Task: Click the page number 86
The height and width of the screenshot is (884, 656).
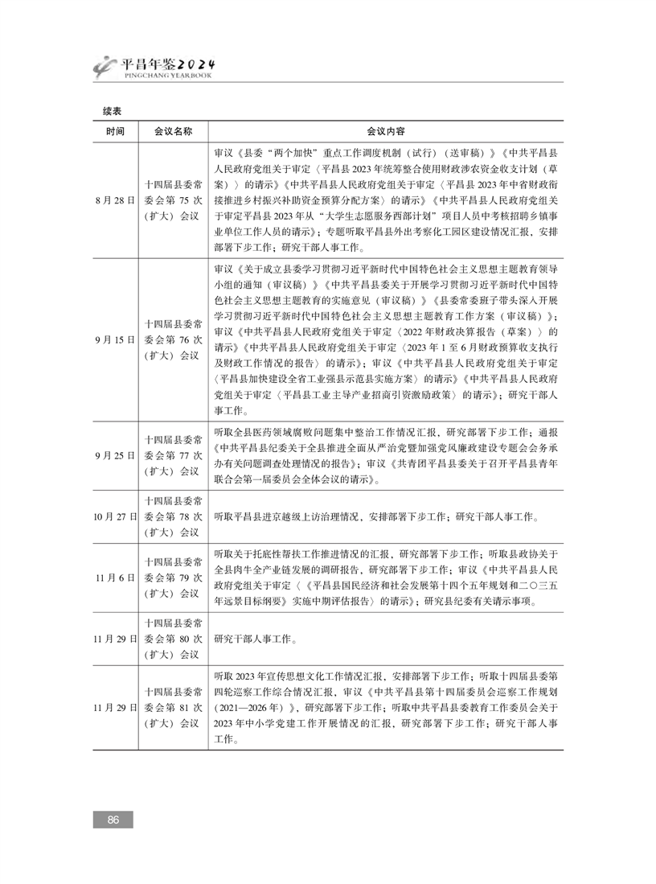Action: pyautogui.click(x=113, y=820)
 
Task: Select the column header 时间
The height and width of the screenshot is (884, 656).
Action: pyautogui.click(x=114, y=131)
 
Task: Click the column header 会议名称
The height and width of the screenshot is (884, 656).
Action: pyautogui.click(x=172, y=131)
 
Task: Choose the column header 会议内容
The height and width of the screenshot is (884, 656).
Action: pyautogui.click(x=386, y=131)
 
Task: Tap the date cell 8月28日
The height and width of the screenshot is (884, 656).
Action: pyautogui.click(x=114, y=200)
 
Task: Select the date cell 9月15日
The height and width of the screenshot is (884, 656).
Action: pyautogui.click(x=114, y=339)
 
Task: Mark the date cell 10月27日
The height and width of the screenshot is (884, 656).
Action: pyautogui.click(x=114, y=516)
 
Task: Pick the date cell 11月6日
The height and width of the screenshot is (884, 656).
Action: pyautogui.click(x=114, y=578)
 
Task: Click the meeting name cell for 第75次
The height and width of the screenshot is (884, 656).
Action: pyautogui.click(x=172, y=200)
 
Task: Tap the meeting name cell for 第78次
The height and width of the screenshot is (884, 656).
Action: pyautogui.click(x=172, y=516)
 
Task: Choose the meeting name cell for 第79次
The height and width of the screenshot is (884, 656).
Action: pyautogui.click(x=172, y=578)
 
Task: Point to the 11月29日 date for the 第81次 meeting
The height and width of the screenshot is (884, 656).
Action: pyautogui.click(x=114, y=707)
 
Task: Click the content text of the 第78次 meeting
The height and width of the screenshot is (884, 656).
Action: pyautogui.click(x=378, y=516)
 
